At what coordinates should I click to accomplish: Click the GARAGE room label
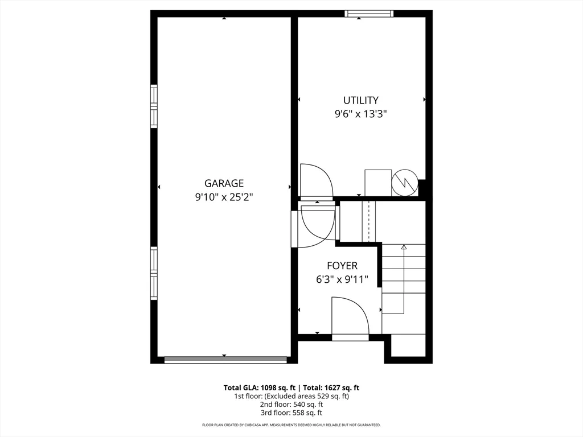pyautogui.click(x=224, y=183)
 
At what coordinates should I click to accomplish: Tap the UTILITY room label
pyautogui.click(x=360, y=100)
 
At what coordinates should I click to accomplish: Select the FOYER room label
pyautogui.click(x=342, y=266)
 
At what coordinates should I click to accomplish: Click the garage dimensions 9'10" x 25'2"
pyautogui.click(x=224, y=197)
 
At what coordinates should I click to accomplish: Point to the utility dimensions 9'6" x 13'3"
pyautogui.click(x=360, y=114)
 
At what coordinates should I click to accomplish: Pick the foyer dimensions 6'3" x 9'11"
pyautogui.click(x=342, y=279)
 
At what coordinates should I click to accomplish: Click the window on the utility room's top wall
pyautogui.click(x=369, y=13)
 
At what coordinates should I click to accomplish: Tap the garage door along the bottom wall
pyautogui.click(x=225, y=360)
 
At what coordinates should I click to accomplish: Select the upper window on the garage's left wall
pyautogui.click(x=154, y=106)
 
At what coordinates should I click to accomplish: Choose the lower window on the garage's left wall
pyautogui.click(x=154, y=273)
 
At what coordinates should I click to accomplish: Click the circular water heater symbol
pyautogui.click(x=405, y=183)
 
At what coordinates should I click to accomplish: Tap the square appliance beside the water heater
pyautogui.click(x=377, y=183)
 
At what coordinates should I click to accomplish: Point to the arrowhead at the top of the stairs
pyautogui.click(x=404, y=247)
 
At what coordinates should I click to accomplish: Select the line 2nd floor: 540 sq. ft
pyautogui.click(x=291, y=405)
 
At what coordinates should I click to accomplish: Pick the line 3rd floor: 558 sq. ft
pyautogui.click(x=291, y=413)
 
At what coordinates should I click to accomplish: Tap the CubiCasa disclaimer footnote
pyautogui.click(x=291, y=425)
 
